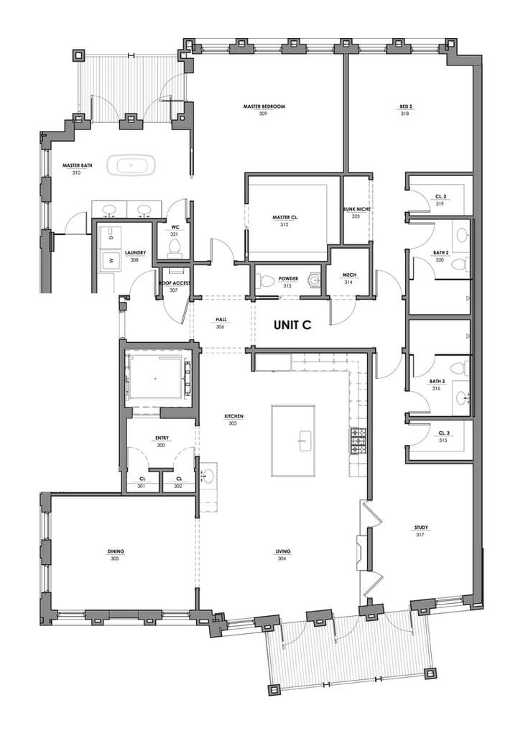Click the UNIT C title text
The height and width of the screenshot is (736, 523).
point(292,325)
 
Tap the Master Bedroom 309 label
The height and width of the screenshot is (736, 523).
point(264,110)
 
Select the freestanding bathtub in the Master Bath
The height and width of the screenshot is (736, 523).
point(131,165)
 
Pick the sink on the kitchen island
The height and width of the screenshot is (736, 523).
point(305,441)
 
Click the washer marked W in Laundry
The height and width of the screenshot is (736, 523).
point(111,260)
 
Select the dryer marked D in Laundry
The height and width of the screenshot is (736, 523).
point(111,237)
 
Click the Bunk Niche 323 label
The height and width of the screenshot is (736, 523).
point(356,213)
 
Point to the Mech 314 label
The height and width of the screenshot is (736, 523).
point(349,278)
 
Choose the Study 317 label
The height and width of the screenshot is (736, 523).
point(420,531)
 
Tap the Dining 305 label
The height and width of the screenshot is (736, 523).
point(116,555)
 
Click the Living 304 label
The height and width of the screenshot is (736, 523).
point(283,555)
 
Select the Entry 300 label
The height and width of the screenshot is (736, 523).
point(162,441)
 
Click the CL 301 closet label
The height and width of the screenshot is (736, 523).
point(142,482)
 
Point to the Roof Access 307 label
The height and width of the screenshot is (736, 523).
point(174,286)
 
